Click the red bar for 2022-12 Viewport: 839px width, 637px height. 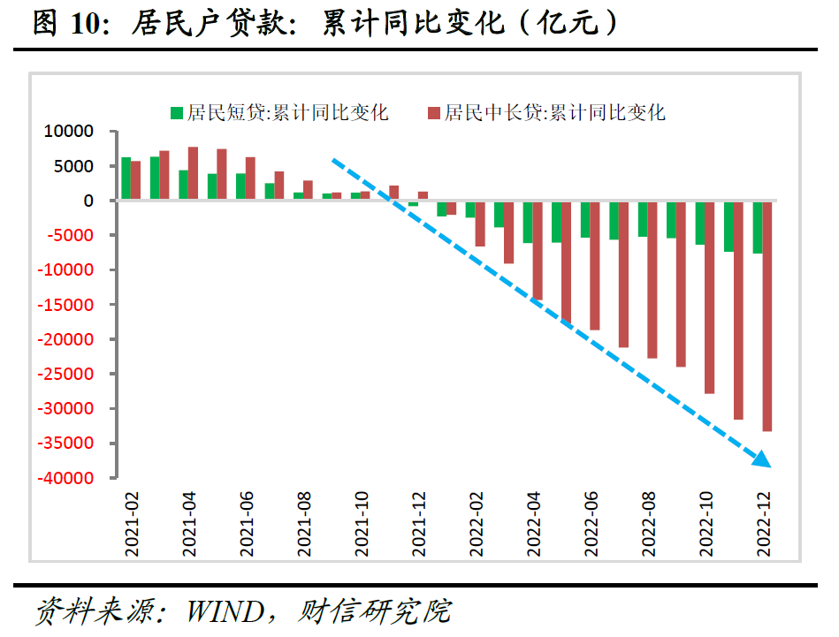(767, 315)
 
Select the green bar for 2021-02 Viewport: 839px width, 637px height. (126, 179)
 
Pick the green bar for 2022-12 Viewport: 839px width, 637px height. (758, 227)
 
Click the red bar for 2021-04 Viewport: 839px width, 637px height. (193, 174)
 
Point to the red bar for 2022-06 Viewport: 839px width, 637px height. (595, 265)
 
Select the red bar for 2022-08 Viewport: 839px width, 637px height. (652, 279)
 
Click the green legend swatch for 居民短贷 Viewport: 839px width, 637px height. (176, 112)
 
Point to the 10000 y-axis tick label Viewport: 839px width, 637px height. (69, 132)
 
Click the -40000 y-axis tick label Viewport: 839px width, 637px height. (65, 478)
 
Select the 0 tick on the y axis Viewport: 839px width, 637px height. (88, 201)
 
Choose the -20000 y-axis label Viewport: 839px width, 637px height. (65, 339)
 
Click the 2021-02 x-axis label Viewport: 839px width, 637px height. (131, 525)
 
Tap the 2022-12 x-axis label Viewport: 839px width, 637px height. (765, 525)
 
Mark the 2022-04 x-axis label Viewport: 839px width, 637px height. (534, 525)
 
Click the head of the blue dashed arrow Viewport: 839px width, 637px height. (762, 459)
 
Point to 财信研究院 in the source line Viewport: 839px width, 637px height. (376, 610)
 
